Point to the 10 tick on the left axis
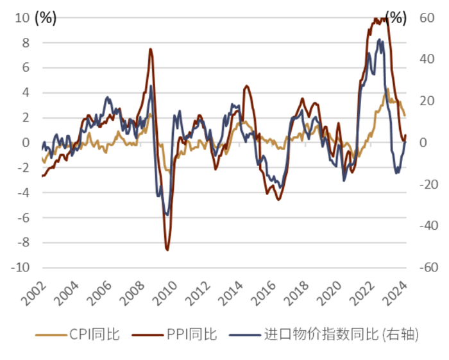coord(23,18)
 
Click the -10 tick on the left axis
coord(21,268)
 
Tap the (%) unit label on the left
coord(46,18)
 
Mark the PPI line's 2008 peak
coord(150,49)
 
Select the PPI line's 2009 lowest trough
coord(167,250)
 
